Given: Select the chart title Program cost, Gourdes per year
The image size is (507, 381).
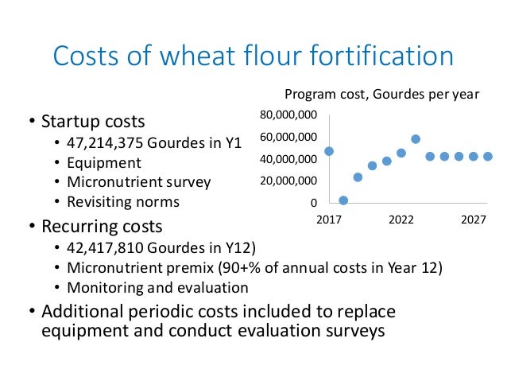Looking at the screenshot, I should tap(381, 95).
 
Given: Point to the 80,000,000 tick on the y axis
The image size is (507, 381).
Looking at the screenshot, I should tap(289, 115).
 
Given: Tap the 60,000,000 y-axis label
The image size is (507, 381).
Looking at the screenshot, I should tap(289, 137).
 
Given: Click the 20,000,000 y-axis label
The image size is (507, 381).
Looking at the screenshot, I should tap(289, 181).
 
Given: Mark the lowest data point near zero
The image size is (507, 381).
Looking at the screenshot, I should tap(343, 200).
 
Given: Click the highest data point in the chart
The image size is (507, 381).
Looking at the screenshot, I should tap(416, 139).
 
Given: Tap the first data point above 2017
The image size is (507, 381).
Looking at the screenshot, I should tap(329, 151).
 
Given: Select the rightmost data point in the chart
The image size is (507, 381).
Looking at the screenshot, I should tap(488, 157).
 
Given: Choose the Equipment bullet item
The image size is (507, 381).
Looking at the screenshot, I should tap(103, 162).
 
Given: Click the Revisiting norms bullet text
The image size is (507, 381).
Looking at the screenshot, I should tap(123, 200).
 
